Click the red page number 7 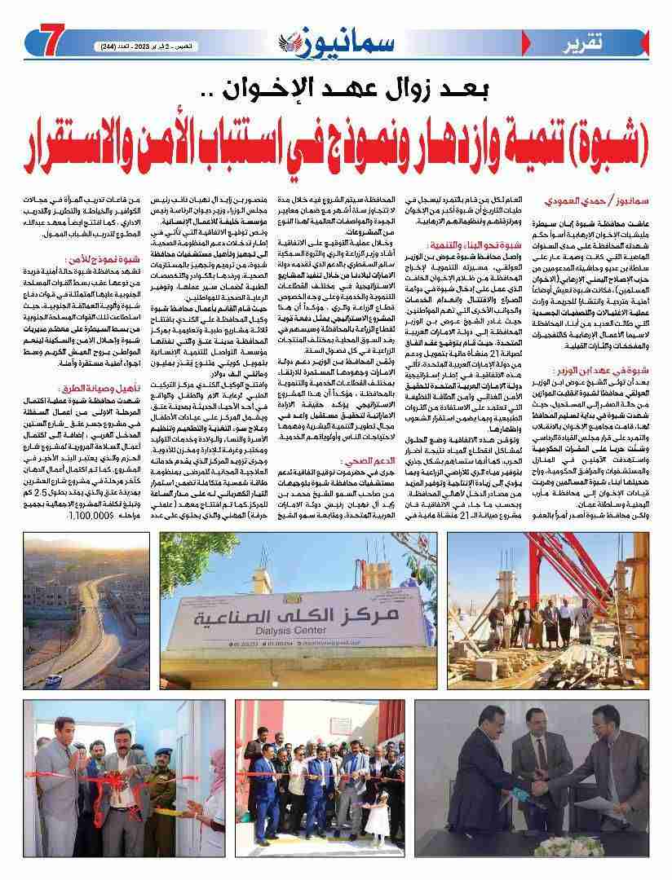click(x=39, y=42)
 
